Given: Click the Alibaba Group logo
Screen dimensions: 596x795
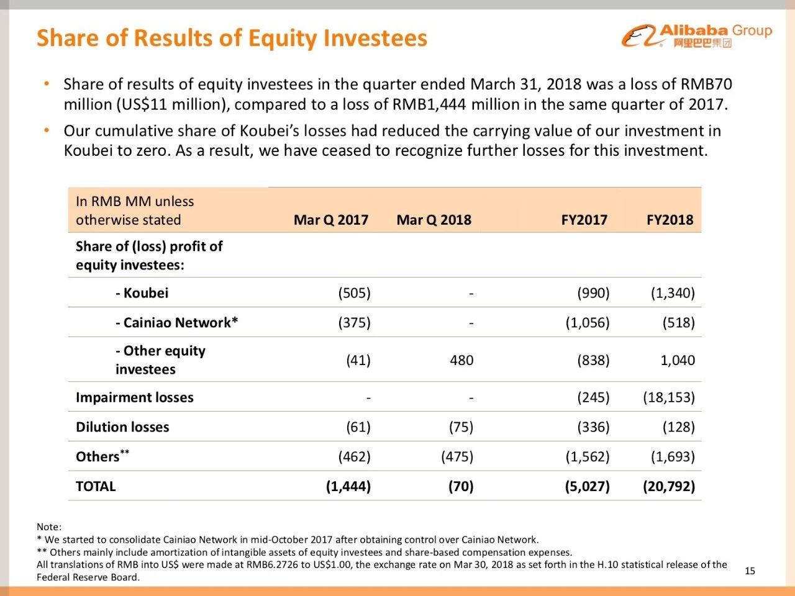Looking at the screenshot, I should (696, 36).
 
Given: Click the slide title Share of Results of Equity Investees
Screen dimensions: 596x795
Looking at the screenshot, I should (232, 38).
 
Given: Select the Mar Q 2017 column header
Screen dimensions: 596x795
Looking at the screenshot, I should (330, 220).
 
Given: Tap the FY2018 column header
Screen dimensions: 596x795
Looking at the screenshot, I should (670, 220).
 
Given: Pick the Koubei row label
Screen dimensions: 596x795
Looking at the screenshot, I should (142, 293).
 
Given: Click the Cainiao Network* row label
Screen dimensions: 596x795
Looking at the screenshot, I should (176, 323).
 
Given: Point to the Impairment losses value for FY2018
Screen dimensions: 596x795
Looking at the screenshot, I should (668, 397).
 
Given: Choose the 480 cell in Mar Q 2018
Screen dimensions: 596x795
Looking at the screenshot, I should (461, 360).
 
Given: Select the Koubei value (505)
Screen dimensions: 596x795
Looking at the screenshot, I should (354, 293).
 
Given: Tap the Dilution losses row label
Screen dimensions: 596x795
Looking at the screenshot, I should (122, 427).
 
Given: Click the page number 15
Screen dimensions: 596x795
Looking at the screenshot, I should (750, 571).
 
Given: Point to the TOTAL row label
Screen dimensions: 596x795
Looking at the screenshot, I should (96, 486).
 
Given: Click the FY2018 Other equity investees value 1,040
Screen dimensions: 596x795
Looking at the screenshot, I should (677, 360).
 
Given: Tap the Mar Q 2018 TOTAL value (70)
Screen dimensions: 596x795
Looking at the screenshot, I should (461, 486).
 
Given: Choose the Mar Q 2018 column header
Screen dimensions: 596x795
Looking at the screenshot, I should (434, 220).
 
